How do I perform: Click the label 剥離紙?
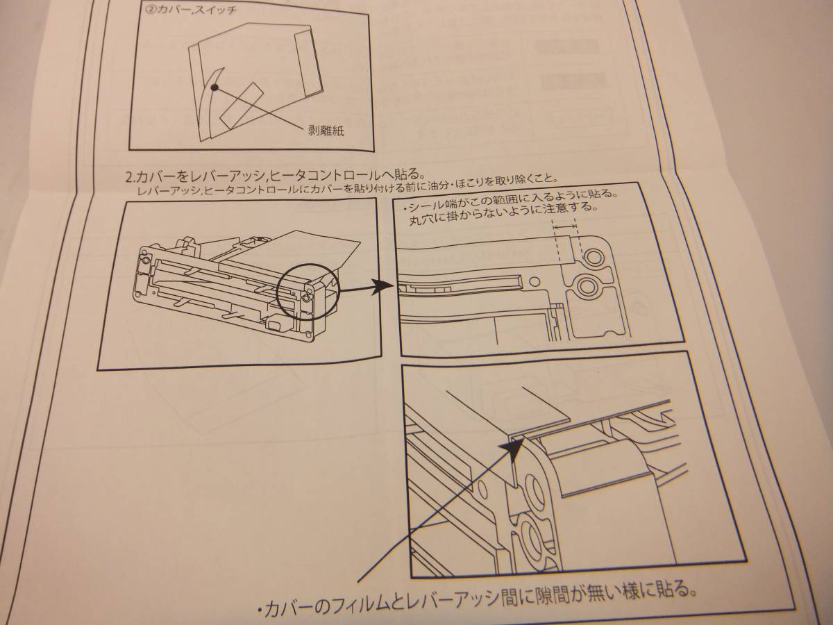(x=326, y=131)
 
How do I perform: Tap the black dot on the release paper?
(x=214, y=87)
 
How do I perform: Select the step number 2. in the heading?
(x=131, y=177)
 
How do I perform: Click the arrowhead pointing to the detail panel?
(x=380, y=287)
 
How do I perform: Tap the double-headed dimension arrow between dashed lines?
(x=564, y=226)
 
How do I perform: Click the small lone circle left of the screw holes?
(x=535, y=281)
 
